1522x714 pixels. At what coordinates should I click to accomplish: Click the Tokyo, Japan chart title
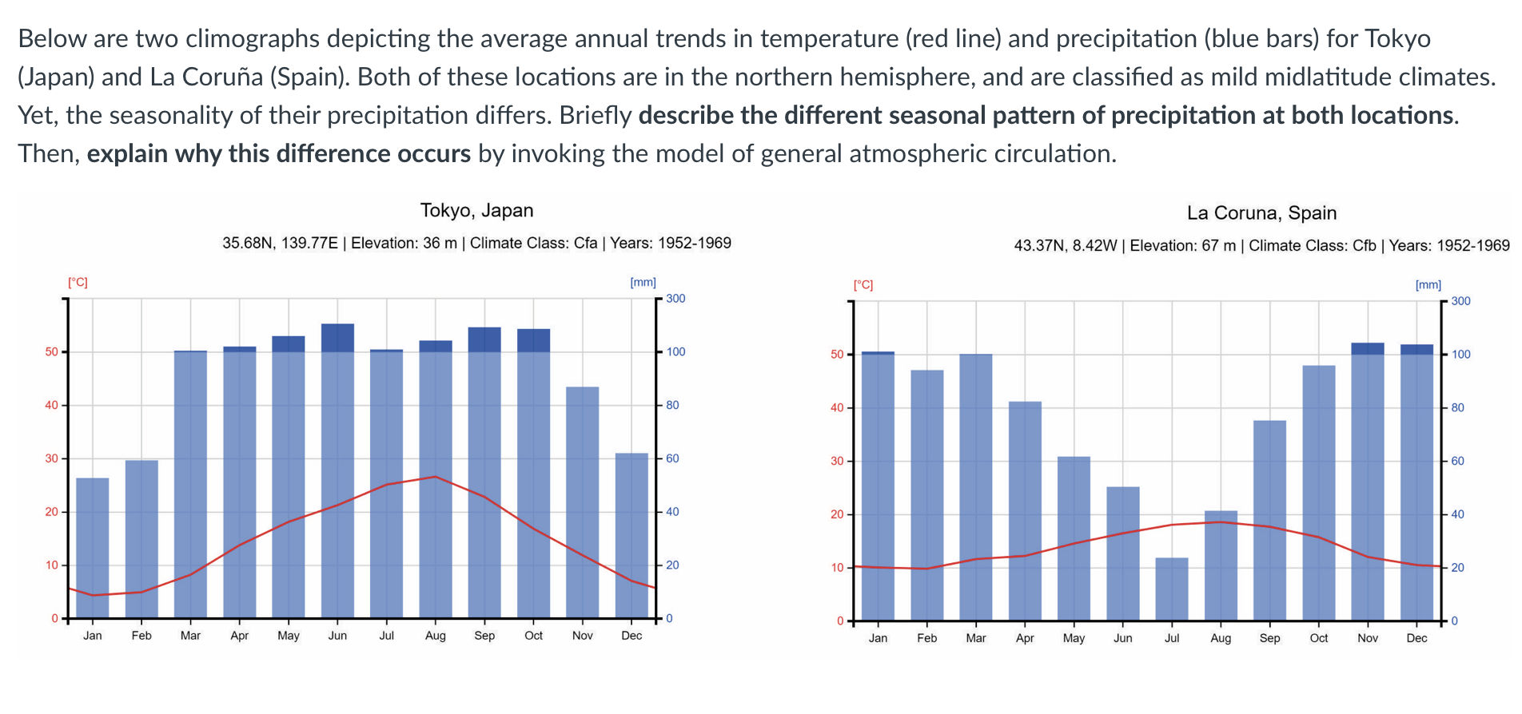pyautogui.click(x=476, y=211)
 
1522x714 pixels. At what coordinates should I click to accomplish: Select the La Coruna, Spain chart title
pyautogui.click(x=1261, y=213)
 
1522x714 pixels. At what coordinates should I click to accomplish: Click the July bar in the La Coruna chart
pyautogui.click(x=1172, y=589)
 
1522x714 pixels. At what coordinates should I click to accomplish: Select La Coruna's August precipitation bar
pyautogui.click(x=1221, y=565)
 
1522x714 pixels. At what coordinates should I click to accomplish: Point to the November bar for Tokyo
pyautogui.click(x=583, y=502)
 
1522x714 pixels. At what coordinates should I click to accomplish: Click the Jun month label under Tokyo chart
pyautogui.click(x=337, y=636)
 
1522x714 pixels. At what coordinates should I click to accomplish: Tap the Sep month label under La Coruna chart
pyautogui.click(x=1269, y=638)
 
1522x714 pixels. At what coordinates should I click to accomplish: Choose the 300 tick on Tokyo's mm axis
pyautogui.click(x=675, y=299)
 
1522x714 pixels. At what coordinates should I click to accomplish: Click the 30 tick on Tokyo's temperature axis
pyautogui.click(x=52, y=458)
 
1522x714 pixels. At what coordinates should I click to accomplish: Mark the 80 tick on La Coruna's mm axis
pyautogui.click(x=1457, y=408)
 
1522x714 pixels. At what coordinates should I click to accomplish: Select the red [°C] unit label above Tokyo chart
pyautogui.click(x=78, y=283)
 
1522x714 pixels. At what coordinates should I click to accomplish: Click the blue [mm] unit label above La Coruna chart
pyautogui.click(x=1428, y=285)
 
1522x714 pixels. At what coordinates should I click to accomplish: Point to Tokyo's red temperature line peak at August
pyautogui.click(x=435, y=477)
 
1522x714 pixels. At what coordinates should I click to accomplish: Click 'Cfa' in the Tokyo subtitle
pyautogui.click(x=585, y=243)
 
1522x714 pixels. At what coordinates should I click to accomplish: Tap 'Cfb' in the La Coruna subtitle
pyautogui.click(x=1364, y=245)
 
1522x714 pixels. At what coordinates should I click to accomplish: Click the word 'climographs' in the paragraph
pyautogui.click(x=253, y=38)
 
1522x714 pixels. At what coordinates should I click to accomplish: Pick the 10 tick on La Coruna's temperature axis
pyautogui.click(x=838, y=568)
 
